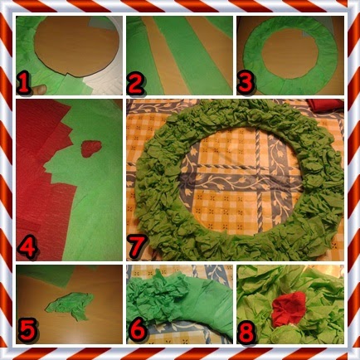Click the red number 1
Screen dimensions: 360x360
23,84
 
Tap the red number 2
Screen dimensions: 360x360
135,83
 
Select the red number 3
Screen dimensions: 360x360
246,84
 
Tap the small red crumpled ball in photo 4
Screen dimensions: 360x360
91,148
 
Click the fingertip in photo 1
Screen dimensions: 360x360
39,90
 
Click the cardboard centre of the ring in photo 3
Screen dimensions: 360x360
288,54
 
